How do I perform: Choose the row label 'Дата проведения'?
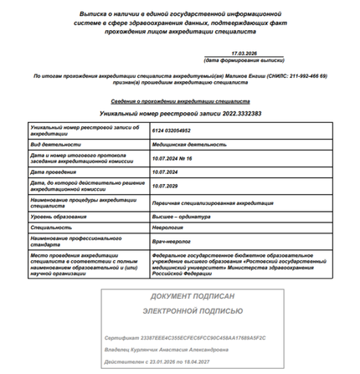[x=55, y=172]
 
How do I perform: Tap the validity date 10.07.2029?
[x=166, y=186]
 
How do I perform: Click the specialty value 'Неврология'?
[x=168, y=227]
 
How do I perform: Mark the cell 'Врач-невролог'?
[x=172, y=241]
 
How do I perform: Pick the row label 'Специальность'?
[x=52, y=227]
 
